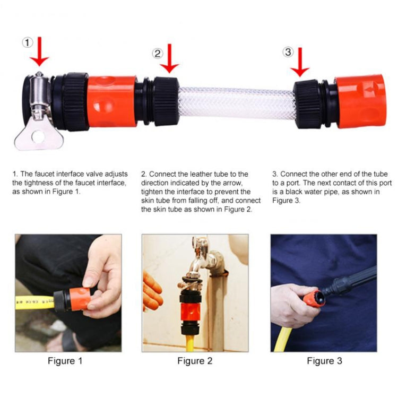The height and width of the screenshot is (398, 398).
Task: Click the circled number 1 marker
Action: click(27, 42)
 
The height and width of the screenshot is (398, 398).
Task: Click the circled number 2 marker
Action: click(157, 53)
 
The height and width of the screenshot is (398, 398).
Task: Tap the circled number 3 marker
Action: click(288, 51)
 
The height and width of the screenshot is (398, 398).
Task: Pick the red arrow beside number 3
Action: click(300, 61)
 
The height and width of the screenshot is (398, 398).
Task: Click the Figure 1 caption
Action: click(65, 361)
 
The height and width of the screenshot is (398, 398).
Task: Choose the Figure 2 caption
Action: click(195, 361)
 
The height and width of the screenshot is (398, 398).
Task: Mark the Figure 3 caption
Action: click(324, 361)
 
